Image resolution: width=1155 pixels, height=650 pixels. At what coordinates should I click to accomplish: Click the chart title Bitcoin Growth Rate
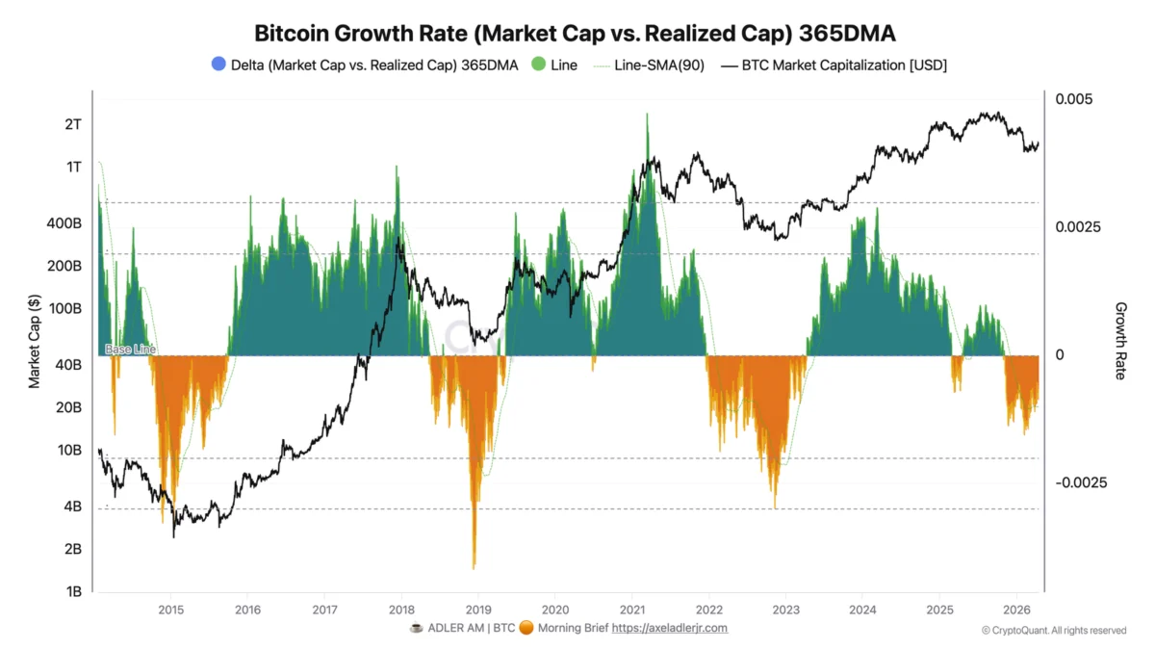[575, 33]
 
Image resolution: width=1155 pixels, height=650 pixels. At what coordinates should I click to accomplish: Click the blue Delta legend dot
[218, 65]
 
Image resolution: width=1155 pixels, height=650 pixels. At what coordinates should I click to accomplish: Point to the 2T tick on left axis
[73, 124]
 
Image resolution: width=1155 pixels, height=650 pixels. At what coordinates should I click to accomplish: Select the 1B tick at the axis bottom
[73, 591]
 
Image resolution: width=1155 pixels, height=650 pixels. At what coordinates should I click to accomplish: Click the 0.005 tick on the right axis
[1074, 99]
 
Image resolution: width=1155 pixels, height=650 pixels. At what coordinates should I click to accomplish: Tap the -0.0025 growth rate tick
[1081, 481]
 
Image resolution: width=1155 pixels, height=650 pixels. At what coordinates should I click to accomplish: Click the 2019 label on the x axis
[478, 610]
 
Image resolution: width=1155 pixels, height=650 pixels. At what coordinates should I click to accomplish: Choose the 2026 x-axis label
[1016, 610]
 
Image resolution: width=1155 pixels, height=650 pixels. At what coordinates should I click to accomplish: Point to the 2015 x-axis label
[170, 610]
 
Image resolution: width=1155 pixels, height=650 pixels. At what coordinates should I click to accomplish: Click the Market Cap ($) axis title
[35, 341]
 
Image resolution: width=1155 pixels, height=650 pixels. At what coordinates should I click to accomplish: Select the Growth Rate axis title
[1120, 341]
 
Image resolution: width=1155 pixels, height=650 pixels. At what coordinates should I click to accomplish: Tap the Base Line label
[129, 350]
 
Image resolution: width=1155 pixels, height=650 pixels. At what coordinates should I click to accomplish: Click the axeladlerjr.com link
[670, 628]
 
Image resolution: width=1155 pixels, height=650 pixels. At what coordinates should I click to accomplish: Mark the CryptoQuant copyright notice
[1054, 631]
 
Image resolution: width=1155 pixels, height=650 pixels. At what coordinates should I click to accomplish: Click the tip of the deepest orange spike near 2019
[474, 568]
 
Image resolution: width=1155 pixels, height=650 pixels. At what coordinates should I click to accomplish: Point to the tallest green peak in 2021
[647, 114]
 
